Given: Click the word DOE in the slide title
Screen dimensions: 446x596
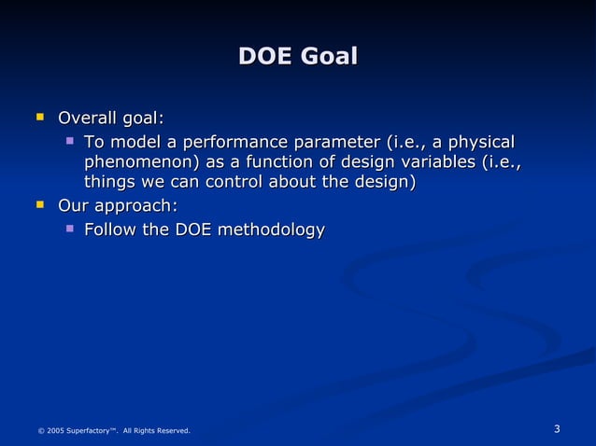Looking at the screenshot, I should pos(264,57).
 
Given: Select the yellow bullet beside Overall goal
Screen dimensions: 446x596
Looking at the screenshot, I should pos(39,118).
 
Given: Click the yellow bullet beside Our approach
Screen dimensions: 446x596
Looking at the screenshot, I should pos(39,204).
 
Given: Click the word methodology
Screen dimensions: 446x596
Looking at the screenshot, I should pos(271,230).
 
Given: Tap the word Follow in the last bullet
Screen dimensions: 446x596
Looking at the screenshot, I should pos(111,230).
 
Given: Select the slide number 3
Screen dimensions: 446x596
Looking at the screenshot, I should pos(557,429).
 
